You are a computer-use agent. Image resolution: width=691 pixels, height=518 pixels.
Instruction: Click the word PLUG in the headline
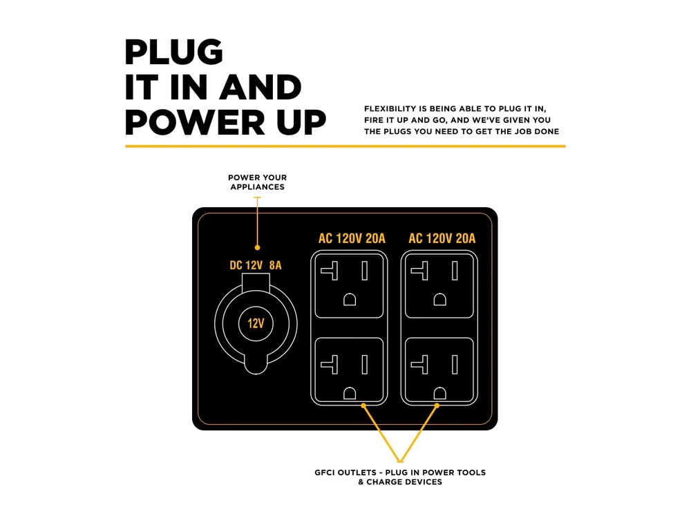(173, 52)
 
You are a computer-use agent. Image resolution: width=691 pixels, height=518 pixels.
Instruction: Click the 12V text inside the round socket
(256, 324)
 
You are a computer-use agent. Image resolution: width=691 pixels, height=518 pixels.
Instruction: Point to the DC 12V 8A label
(256, 265)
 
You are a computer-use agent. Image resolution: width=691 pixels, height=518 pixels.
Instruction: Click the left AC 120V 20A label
(352, 238)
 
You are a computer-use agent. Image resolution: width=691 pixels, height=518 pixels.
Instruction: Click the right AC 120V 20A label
(442, 238)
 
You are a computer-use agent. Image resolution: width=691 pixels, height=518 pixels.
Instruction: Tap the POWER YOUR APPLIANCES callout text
(257, 182)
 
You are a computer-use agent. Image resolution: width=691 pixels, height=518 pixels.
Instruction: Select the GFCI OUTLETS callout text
(400, 477)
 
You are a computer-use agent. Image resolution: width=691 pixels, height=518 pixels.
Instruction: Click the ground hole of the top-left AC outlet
(350, 300)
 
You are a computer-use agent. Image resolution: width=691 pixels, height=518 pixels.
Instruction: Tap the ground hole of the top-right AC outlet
(439, 300)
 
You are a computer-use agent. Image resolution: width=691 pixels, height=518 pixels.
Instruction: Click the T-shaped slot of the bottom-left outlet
(330, 365)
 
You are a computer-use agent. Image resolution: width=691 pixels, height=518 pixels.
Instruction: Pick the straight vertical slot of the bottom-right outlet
(455, 365)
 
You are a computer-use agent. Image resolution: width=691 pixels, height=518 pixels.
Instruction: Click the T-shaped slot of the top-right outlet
(419, 271)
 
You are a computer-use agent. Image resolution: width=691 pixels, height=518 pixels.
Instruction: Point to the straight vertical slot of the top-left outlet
(364, 271)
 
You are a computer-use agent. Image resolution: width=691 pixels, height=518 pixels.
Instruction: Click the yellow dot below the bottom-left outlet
(363, 405)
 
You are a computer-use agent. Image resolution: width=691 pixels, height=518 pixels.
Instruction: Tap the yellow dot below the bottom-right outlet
(437, 405)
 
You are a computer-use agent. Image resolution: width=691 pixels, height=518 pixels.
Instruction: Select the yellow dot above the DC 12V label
(257, 247)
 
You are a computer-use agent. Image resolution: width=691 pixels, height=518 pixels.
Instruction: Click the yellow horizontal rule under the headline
(345, 146)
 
